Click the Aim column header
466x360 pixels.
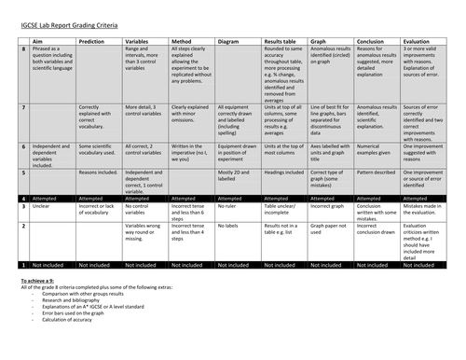point(39,41)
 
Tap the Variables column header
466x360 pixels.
point(138,41)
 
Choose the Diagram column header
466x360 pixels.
point(229,41)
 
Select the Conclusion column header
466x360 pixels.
point(374,41)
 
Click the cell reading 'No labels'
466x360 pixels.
point(229,227)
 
